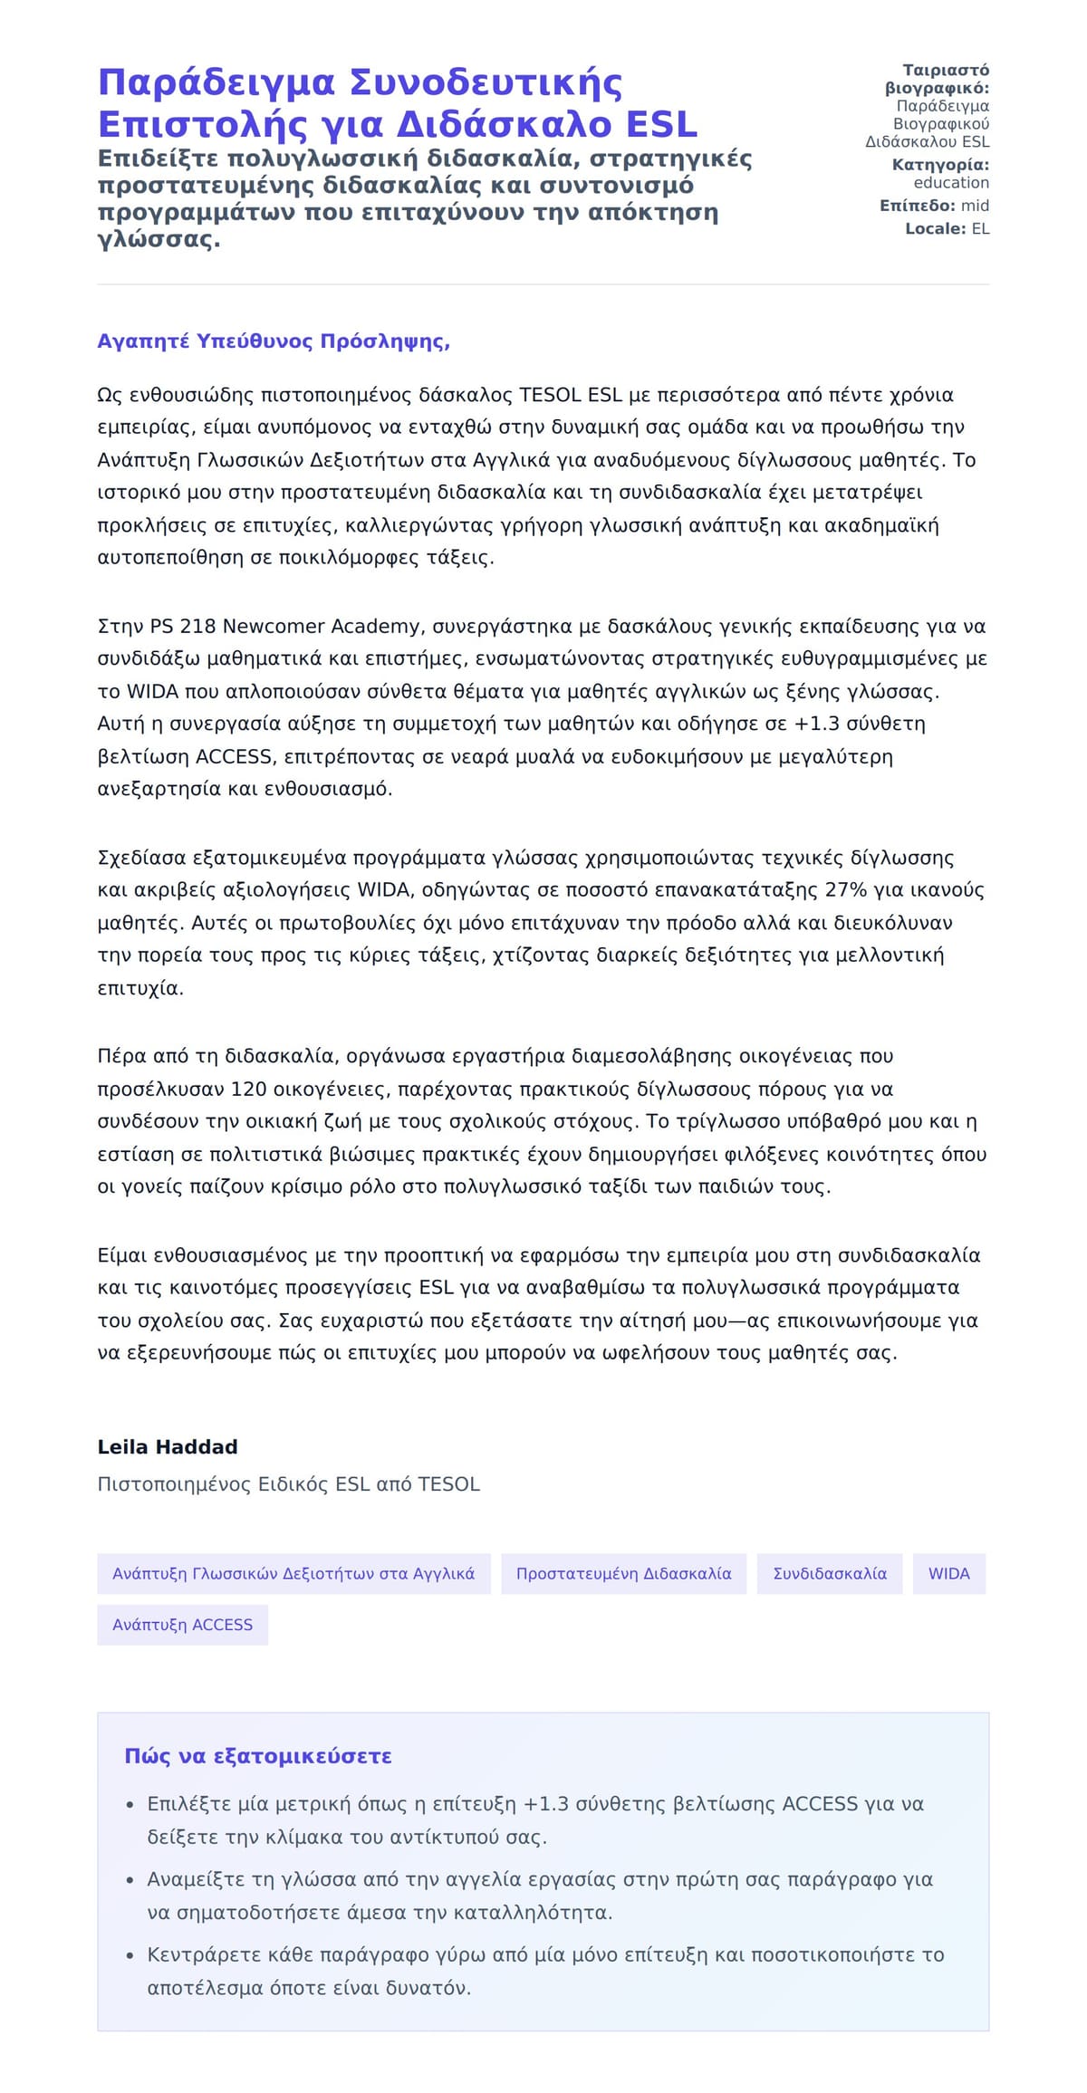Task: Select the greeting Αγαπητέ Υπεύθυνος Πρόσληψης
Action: [274, 341]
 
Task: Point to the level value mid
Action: [975, 206]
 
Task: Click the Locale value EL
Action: [980, 229]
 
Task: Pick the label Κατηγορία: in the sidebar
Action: [939, 165]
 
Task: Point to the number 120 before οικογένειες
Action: [249, 1089]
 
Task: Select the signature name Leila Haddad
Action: [168, 1446]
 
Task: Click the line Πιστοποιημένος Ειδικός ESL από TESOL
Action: [288, 1483]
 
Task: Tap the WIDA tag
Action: [948, 1573]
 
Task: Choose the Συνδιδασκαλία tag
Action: [830, 1573]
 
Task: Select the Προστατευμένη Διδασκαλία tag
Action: [623, 1573]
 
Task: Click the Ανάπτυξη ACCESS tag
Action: [182, 1624]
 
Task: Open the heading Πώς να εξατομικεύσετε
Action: [258, 1756]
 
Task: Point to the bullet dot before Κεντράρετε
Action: [130, 1955]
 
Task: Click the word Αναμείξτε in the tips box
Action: [191, 1879]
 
